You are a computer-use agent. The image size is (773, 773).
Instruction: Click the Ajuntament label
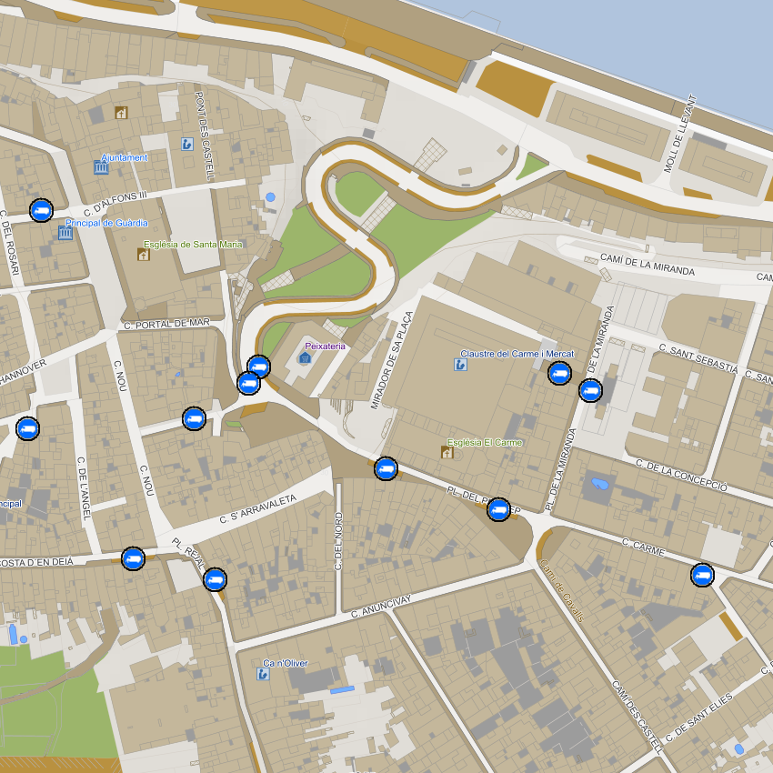(x=125, y=158)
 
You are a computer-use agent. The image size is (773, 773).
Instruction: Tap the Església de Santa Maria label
(x=194, y=245)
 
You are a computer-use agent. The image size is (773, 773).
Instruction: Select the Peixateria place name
(x=325, y=346)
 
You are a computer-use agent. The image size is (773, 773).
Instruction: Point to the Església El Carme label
(x=484, y=443)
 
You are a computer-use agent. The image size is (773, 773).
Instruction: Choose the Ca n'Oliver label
(x=286, y=663)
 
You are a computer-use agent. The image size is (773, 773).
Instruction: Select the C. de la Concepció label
(x=682, y=475)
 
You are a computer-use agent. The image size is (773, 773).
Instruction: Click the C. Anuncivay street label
(x=381, y=606)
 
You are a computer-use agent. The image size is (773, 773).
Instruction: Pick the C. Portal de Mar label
(x=166, y=324)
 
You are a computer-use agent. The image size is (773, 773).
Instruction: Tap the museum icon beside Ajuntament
(x=101, y=167)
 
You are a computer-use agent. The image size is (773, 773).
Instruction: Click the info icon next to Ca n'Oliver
(x=263, y=674)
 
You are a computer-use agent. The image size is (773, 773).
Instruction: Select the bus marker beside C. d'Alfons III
(x=41, y=210)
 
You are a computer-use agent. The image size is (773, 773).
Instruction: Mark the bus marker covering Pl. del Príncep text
(x=497, y=509)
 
